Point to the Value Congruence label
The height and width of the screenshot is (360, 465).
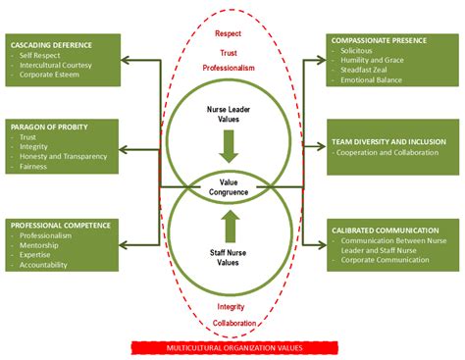click(229, 186)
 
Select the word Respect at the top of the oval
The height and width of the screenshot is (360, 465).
click(228, 32)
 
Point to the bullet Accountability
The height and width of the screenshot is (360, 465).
click(48, 265)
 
